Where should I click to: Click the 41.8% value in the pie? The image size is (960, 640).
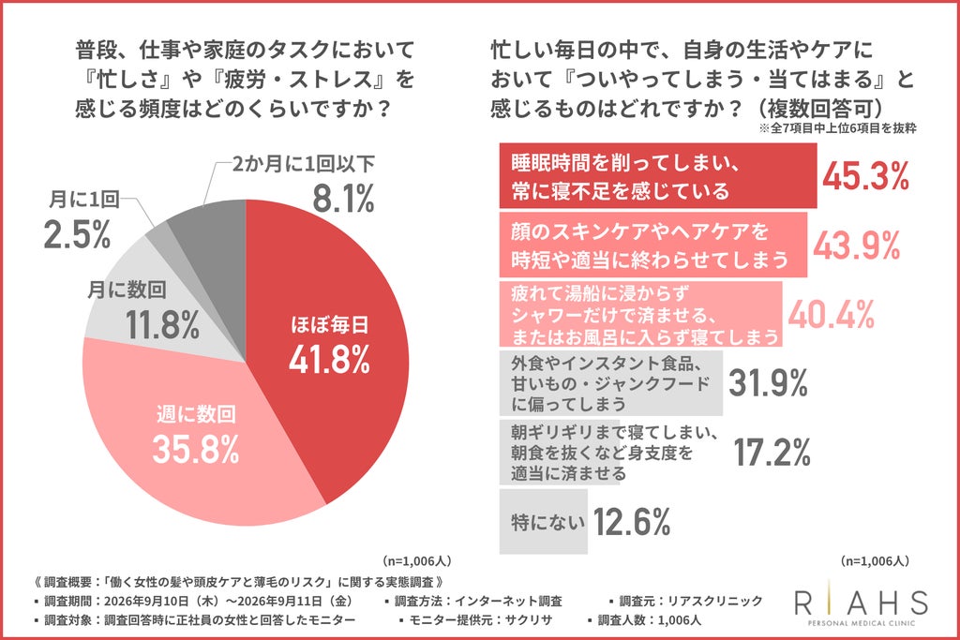[329, 359]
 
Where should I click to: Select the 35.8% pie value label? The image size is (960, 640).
[196, 449]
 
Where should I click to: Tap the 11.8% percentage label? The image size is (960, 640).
[163, 324]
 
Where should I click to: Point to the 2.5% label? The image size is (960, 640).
[77, 234]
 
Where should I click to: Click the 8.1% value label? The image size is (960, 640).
[343, 199]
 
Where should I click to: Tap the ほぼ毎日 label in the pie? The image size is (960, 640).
[329, 324]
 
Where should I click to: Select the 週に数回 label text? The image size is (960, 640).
[196, 414]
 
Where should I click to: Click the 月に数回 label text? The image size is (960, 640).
[127, 289]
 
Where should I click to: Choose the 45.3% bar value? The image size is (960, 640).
[865, 176]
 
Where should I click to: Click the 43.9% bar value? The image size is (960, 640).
[856, 245]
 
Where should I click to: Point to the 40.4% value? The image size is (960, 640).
[831, 315]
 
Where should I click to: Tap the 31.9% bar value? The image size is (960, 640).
[769, 383]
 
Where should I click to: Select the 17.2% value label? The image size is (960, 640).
[772, 453]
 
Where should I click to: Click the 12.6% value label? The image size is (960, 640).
[632, 522]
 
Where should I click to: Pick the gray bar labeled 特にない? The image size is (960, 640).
[543, 521]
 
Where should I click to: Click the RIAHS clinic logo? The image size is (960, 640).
[862, 603]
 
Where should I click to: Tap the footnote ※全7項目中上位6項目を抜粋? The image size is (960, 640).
[837, 128]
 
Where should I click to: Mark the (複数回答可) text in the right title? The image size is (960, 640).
[817, 109]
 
